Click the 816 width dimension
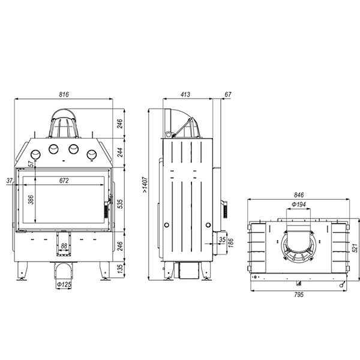[64, 94]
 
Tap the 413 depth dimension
[185, 94]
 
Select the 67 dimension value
[228, 94]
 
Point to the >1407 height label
[145, 185]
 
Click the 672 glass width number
[64, 181]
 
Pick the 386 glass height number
[31, 200]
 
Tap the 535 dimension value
[120, 204]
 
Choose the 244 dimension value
[120, 152]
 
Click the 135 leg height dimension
[120, 269]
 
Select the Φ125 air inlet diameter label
[64, 284]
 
